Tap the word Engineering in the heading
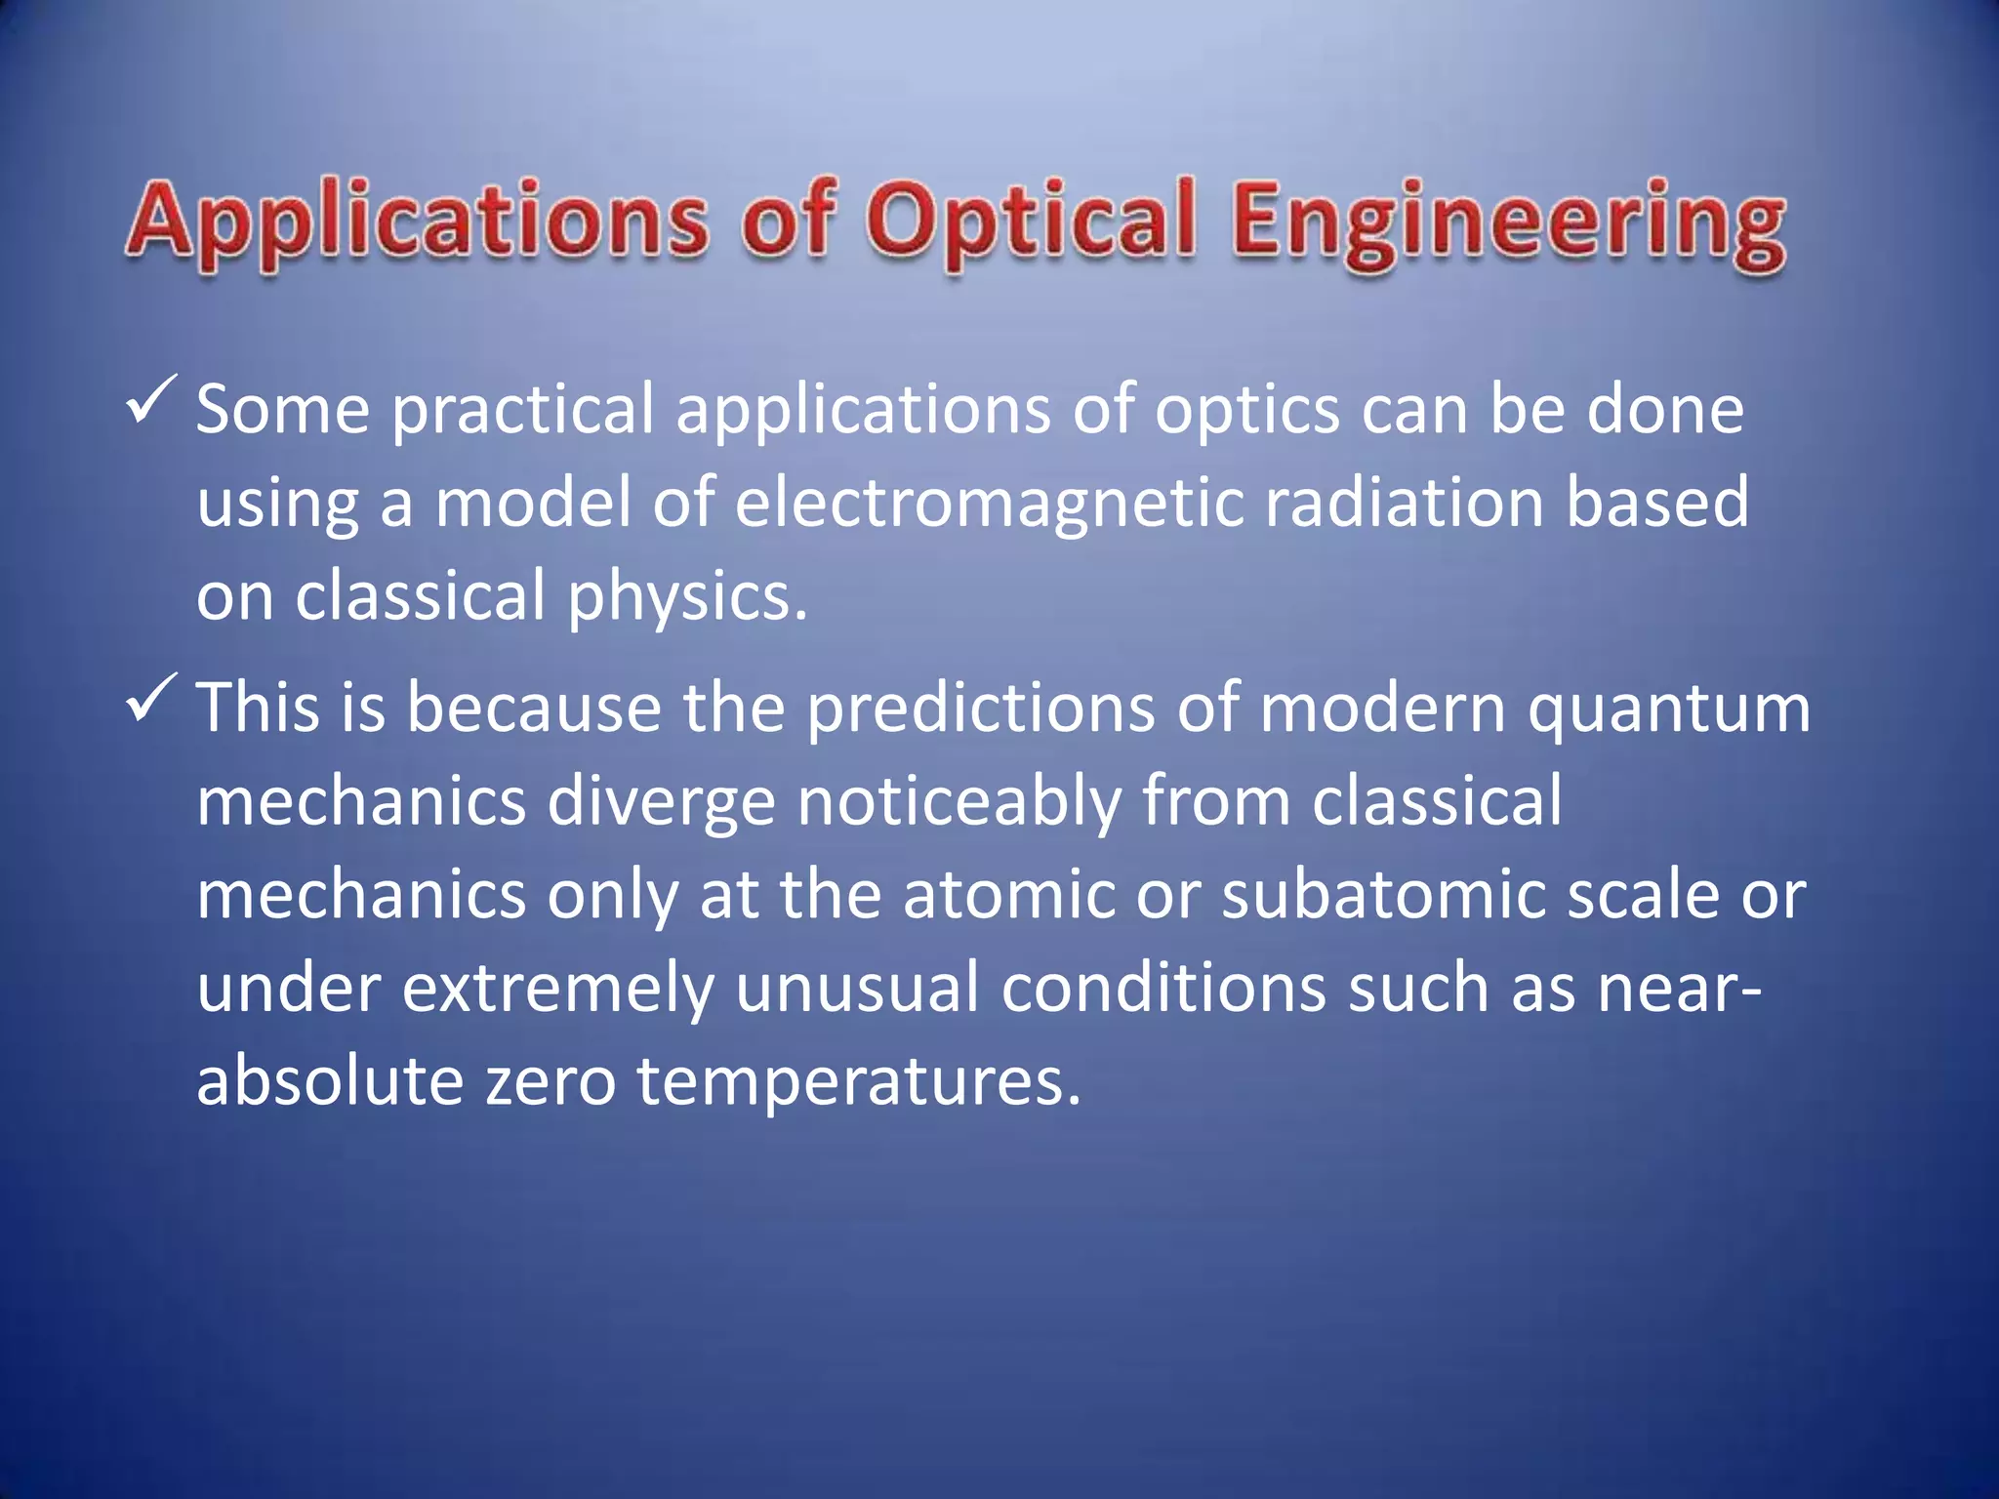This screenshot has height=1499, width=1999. [x=1508, y=223]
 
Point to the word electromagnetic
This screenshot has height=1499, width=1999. [x=989, y=505]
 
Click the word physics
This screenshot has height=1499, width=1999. [x=687, y=598]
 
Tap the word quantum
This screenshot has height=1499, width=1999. [x=1668, y=709]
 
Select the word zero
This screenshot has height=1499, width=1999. [x=551, y=1082]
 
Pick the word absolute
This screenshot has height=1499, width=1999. [x=330, y=1081]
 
